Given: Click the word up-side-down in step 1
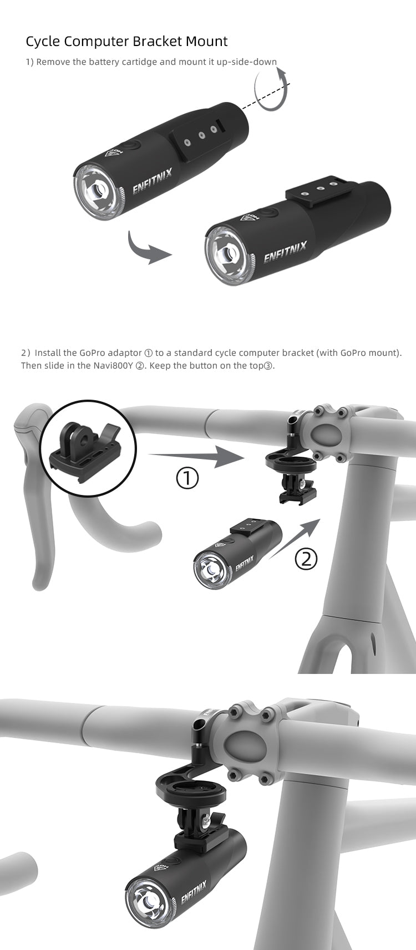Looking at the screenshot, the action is pyautogui.click(x=247, y=62).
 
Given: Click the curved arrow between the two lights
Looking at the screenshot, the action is pyautogui.click(x=149, y=248).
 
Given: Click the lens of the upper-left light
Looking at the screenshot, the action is pyautogui.click(x=97, y=191).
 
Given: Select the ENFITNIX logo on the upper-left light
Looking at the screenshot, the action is pyautogui.click(x=152, y=181).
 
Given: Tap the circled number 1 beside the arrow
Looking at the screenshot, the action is pyautogui.click(x=187, y=478).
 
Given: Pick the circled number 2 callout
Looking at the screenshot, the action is pyautogui.click(x=306, y=559).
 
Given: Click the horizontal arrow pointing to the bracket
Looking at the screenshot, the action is pyautogui.click(x=196, y=456).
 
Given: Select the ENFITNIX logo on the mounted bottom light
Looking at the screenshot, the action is pyautogui.click(x=194, y=891).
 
